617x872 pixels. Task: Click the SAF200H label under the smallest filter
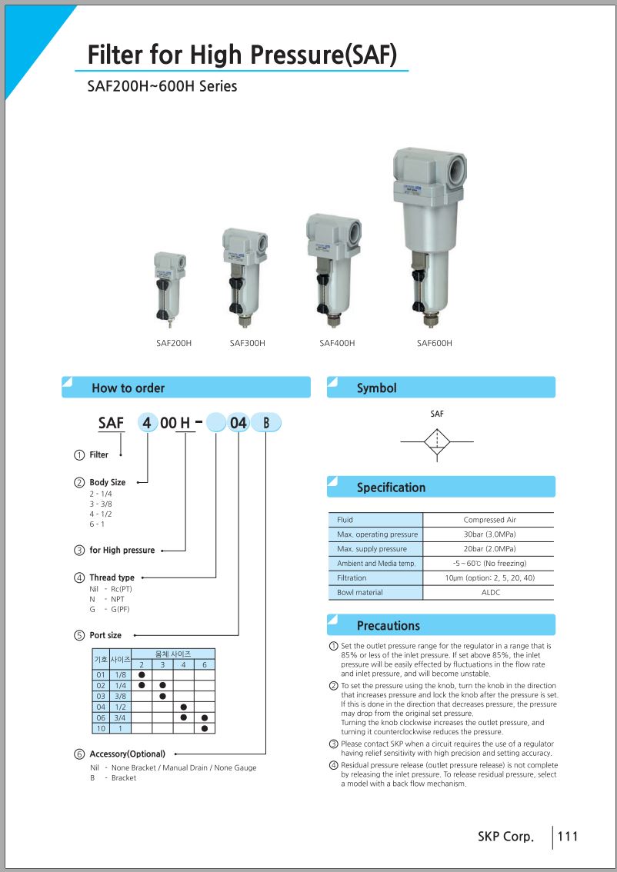[174, 343]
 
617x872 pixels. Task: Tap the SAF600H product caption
[435, 343]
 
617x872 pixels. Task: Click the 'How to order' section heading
[128, 388]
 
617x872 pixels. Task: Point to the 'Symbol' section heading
[377, 388]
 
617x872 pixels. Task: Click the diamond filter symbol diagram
[437, 442]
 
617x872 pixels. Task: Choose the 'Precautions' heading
[389, 626]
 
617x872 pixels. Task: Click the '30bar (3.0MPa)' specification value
[489, 534]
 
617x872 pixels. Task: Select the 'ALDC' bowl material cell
[491, 592]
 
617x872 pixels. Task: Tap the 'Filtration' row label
[352, 577]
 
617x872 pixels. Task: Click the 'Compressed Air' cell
[489, 520]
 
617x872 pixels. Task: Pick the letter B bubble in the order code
[266, 423]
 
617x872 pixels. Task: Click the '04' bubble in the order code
[238, 423]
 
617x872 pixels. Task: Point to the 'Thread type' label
[112, 577]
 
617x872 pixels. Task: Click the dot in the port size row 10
[204, 728]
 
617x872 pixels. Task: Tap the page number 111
[568, 837]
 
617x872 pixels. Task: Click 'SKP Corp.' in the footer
[505, 837]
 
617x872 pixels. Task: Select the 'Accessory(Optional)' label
[128, 754]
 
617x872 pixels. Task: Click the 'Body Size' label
[108, 482]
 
